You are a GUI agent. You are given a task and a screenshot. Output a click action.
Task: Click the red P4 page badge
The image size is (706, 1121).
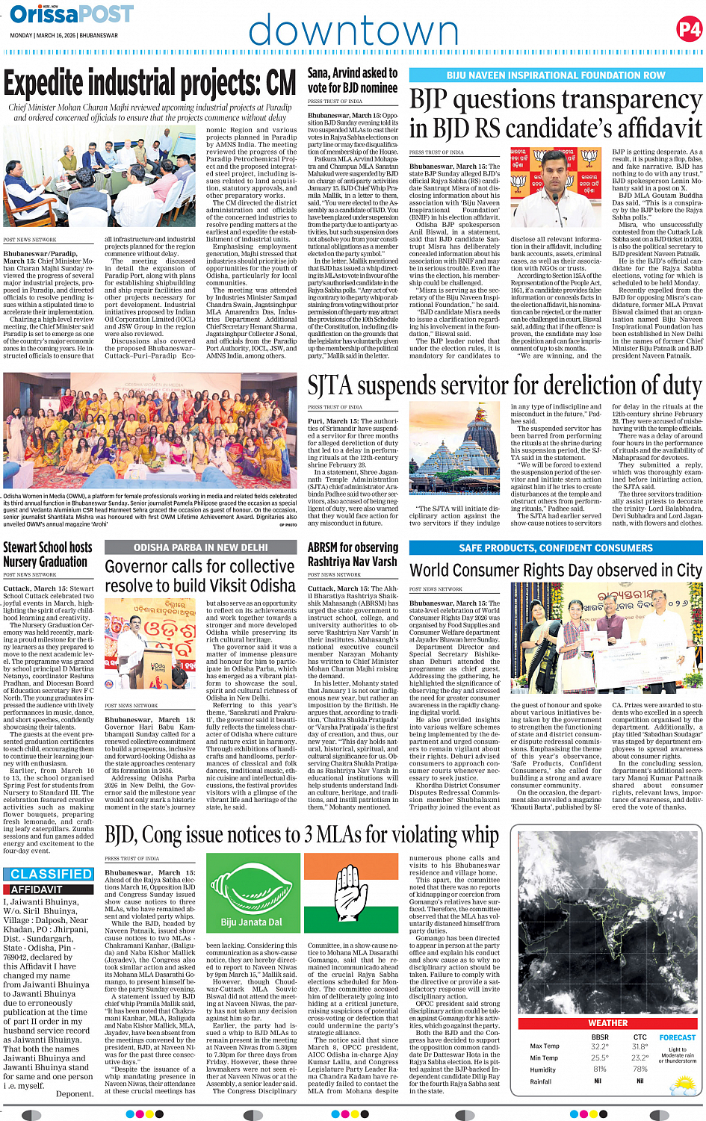[x=689, y=29]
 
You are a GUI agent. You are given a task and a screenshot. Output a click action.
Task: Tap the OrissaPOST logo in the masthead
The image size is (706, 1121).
[x=72, y=14]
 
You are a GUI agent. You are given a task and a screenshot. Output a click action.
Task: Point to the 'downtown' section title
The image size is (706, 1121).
[x=353, y=31]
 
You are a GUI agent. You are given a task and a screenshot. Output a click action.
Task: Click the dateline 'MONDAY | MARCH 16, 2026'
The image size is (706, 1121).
[x=64, y=35]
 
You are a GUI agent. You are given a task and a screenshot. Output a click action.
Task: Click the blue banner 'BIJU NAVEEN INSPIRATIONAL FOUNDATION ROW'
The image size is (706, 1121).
[x=556, y=75]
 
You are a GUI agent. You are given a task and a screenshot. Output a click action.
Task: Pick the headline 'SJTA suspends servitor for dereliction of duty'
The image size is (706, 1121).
[x=504, y=386]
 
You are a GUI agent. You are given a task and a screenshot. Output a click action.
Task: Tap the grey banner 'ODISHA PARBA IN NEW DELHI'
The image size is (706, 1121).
[x=200, y=547]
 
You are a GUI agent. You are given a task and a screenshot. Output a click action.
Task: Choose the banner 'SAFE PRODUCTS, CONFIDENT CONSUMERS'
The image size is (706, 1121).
[x=556, y=547]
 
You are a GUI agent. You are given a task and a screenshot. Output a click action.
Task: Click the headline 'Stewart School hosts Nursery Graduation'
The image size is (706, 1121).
[x=48, y=554]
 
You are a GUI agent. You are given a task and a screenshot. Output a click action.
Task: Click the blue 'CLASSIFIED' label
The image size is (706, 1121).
[x=52, y=874]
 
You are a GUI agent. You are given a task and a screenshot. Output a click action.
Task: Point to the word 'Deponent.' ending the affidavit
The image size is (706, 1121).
[x=75, y=1093]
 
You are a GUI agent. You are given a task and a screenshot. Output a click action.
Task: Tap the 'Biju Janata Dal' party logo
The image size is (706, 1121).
[x=251, y=901]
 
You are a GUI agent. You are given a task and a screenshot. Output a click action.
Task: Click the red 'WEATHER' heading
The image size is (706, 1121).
[x=607, y=1022]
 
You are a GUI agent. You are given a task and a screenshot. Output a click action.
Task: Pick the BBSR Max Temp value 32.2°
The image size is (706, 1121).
[x=599, y=1046]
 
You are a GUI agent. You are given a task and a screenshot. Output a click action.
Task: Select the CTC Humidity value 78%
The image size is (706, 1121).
[x=640, y=1069]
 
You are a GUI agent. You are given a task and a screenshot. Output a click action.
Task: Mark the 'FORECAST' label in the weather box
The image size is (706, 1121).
[x=677, y=1037]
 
